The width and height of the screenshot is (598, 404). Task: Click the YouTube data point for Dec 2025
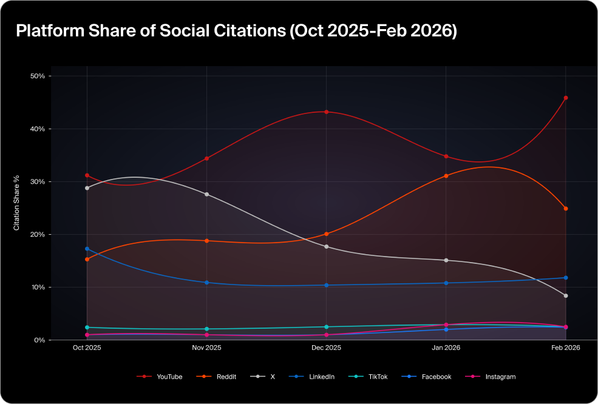[327, 112]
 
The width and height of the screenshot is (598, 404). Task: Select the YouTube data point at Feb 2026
[566, 98]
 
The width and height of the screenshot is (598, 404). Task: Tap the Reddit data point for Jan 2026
[446, 176]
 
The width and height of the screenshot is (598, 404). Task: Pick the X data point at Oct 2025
[87, 188]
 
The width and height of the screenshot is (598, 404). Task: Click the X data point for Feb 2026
[566, 296]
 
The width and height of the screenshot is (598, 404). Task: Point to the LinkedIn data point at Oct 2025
[87, 249]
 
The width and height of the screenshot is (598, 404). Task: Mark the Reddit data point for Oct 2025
[87, 259]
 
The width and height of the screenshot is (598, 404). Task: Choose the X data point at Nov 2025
[207, 194]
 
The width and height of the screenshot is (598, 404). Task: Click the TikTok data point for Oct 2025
[87, 328]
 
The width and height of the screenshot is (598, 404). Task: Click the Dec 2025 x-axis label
[326, 348]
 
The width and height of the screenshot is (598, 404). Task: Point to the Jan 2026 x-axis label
[446, 348]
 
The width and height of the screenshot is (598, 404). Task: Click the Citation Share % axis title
[18, 203]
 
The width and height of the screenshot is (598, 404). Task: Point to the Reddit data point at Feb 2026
[566, 209]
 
